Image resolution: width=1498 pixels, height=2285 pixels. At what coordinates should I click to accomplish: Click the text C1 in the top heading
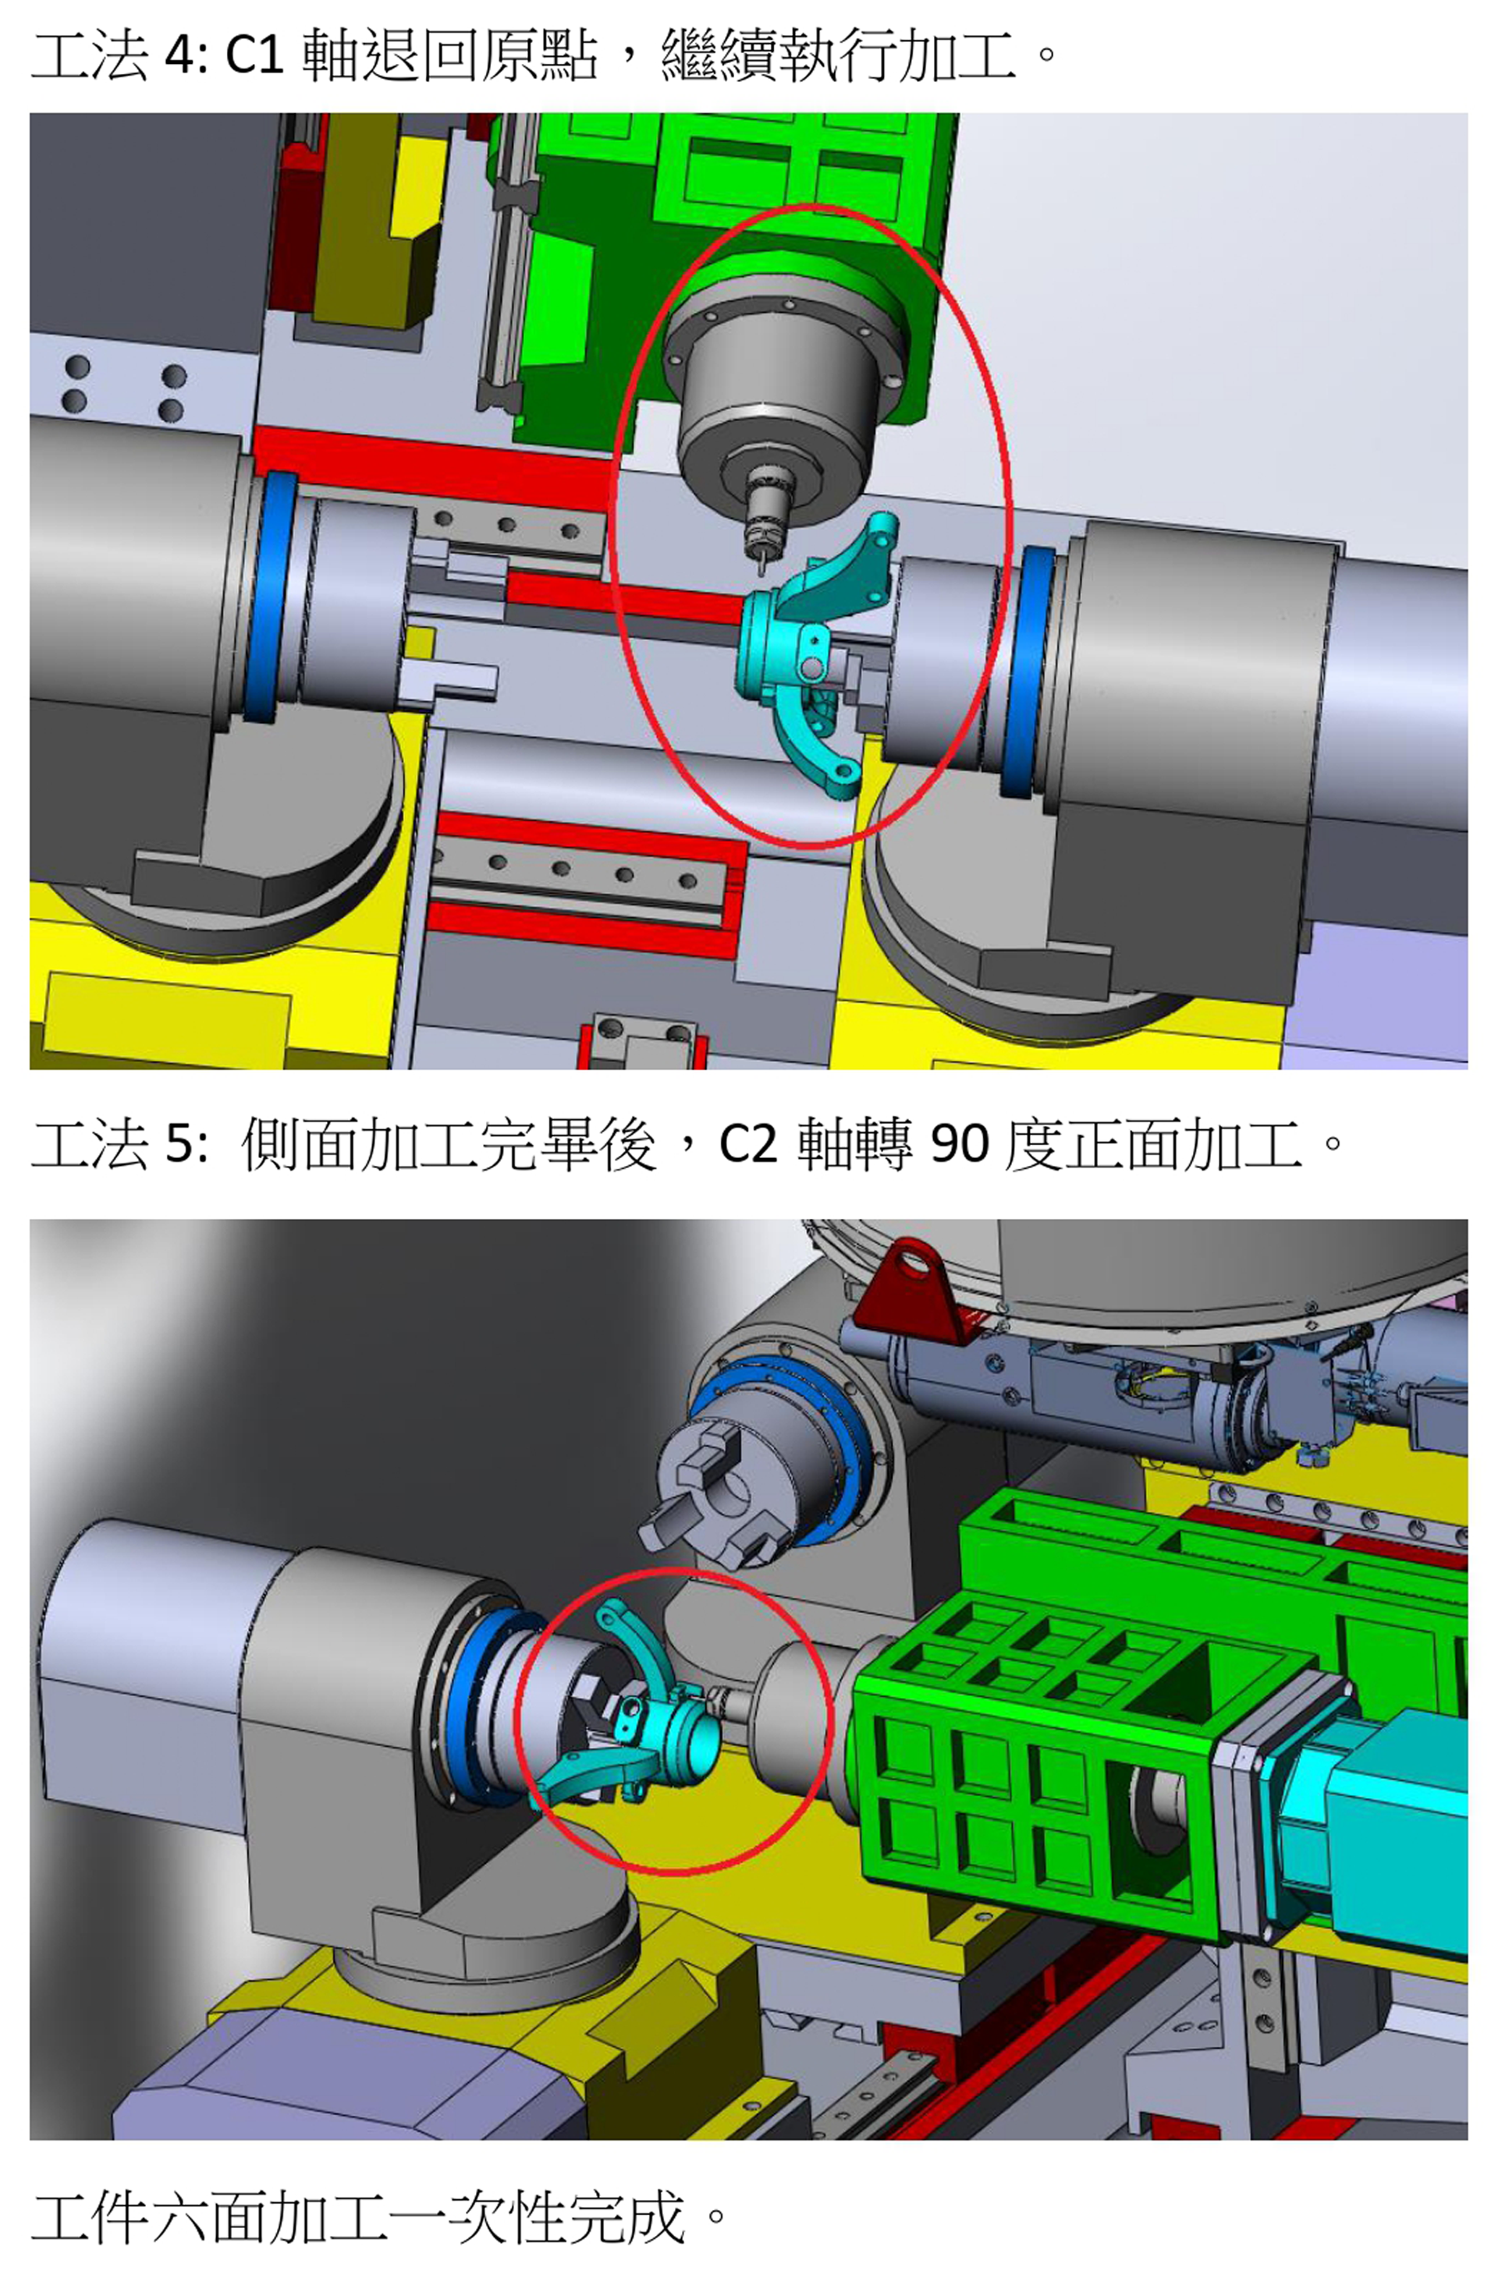[x=254, y=55]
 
